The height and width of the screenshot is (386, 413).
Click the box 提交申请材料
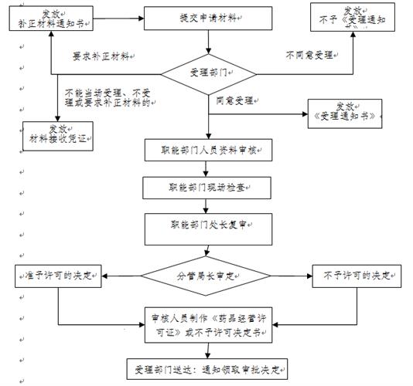(x=206, y=16)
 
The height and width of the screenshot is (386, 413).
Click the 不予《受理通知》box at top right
(x=347, y=17)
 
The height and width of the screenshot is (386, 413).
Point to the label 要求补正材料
(x=100, y=56)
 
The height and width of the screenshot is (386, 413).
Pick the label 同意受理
(x=234, y=100)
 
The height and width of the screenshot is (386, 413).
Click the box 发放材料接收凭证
(x=59, y=135)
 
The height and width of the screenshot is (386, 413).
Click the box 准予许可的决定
(x=59, y=276)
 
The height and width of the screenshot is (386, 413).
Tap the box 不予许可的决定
(x=356, y=276)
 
